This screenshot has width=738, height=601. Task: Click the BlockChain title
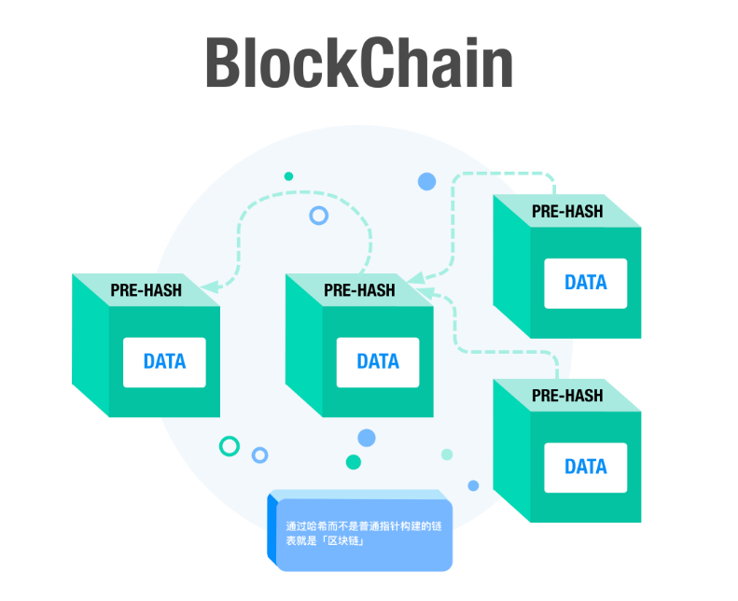point(359,63)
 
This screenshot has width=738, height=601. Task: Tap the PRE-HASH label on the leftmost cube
point(146,290)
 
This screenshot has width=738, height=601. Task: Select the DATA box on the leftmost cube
point(164,362)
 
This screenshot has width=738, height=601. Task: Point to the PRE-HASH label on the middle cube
point(359,290)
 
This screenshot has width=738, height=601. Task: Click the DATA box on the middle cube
point(378,362)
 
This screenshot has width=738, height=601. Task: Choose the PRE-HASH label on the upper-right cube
point(567,211)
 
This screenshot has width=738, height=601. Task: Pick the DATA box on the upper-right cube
point(586,284)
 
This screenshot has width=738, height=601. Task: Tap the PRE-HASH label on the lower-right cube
point(567,396)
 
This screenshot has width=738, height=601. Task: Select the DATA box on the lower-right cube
point(586,468)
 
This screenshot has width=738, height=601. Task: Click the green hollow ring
point(230,446)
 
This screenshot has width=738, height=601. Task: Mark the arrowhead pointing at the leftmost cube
point(210,287)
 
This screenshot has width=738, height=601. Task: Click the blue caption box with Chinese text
point(360,530)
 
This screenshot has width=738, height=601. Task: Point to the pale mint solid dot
point(447,454)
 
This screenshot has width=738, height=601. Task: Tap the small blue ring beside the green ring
point(259,455)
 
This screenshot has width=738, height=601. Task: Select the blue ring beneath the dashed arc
point(319,216)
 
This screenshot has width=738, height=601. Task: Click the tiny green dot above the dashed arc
point(288,176)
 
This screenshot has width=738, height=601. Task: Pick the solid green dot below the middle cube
point(354,462)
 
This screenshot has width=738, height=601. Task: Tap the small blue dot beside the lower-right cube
point(473,485)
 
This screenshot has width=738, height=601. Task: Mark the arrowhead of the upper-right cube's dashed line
point(416,278)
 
